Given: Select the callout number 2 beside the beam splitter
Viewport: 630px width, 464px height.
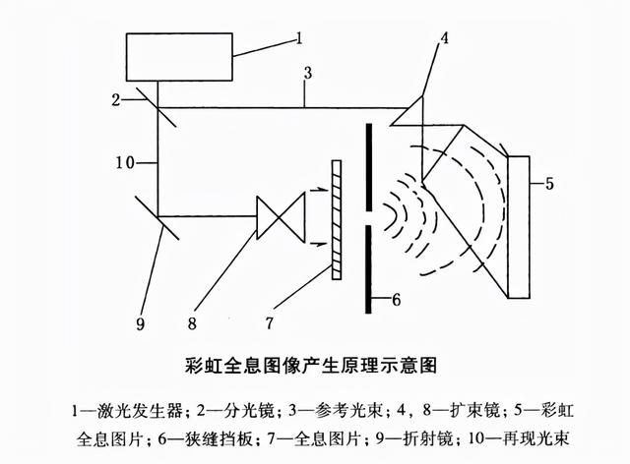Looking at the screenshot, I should point(115,98).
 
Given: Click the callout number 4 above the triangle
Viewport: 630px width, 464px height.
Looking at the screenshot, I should point(444,40).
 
